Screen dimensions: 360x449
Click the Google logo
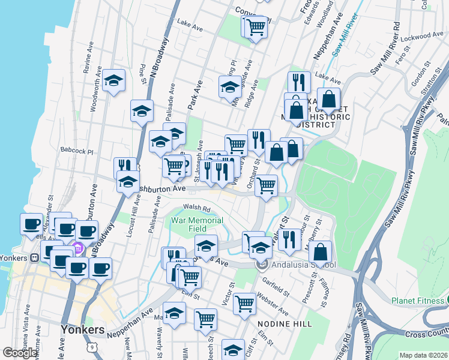click(x=20, y=353)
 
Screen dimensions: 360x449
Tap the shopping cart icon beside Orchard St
click(x=265, y=186)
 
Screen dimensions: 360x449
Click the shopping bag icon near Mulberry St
click(x=322, y=252)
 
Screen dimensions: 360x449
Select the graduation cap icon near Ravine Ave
click(x=113, y=81)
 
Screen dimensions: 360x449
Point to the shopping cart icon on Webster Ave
click(x=244, y=304)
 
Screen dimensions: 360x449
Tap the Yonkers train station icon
click(x=35, y=257)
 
